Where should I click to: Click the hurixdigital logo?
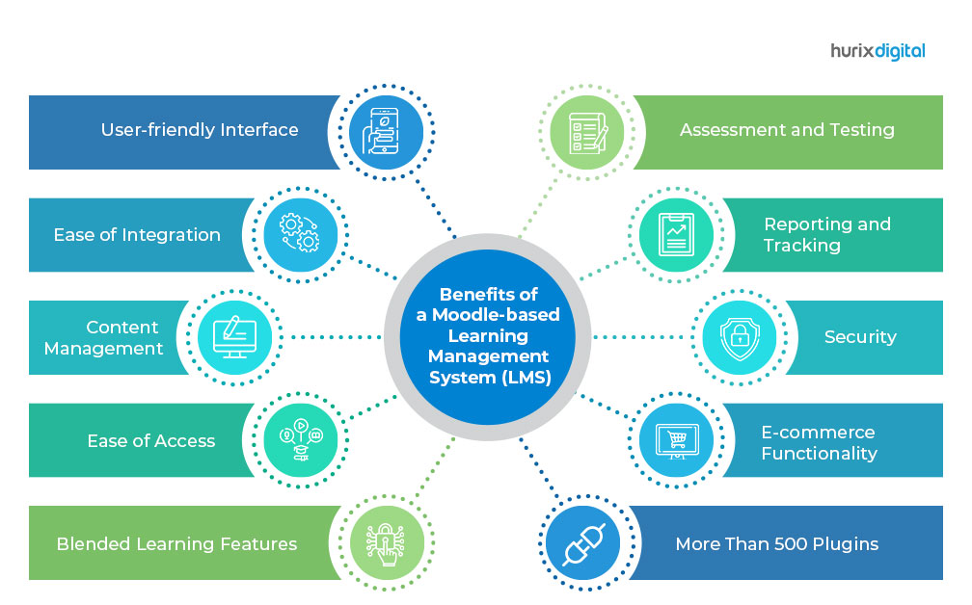tap(877, 51)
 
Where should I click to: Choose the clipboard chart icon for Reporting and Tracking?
tap(674, 234)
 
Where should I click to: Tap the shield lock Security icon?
tap(738, 337)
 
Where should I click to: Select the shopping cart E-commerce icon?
tap(674, 440)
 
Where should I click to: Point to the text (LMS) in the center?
tap(526, 378)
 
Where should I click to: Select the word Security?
tap(860, 337)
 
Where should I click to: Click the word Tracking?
tap(801, 246)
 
